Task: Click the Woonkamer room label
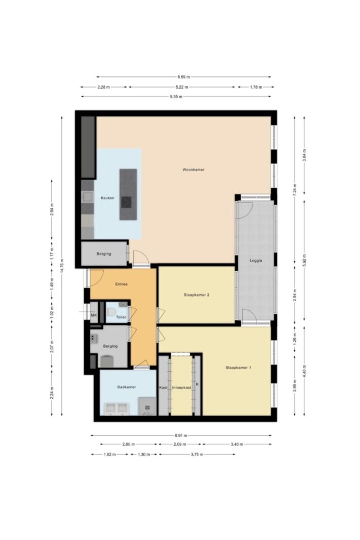193,170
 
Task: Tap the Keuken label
107,198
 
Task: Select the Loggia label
256,260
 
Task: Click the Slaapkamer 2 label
196,295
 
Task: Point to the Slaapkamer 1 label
238,367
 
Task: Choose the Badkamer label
127,387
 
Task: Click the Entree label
121,284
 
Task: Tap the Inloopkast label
182,388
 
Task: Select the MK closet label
94,315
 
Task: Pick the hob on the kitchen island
126,202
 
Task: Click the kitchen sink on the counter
88,197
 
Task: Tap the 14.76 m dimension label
62,266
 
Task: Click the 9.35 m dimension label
176,97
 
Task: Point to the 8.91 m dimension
181,435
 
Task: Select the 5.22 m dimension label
182,87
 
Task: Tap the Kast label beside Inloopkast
164,388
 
